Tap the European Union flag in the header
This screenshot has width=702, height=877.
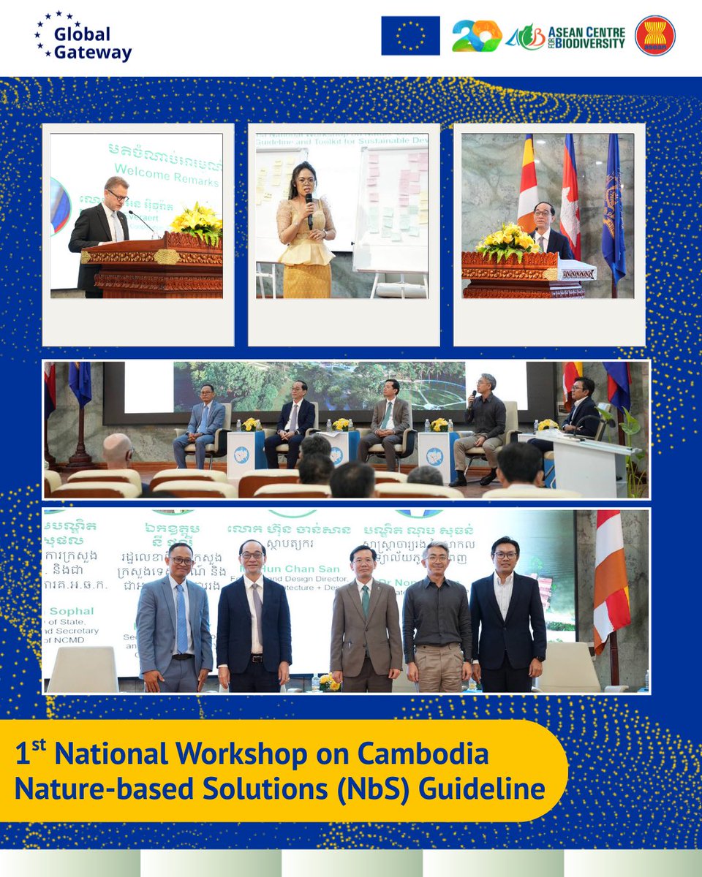pos(410,36)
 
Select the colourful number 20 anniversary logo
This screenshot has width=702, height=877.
pos(476,36)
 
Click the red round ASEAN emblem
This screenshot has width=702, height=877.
pos(654,36)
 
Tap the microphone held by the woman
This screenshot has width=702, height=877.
pos(309,205)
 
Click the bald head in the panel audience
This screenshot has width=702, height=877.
pos(118,450)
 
